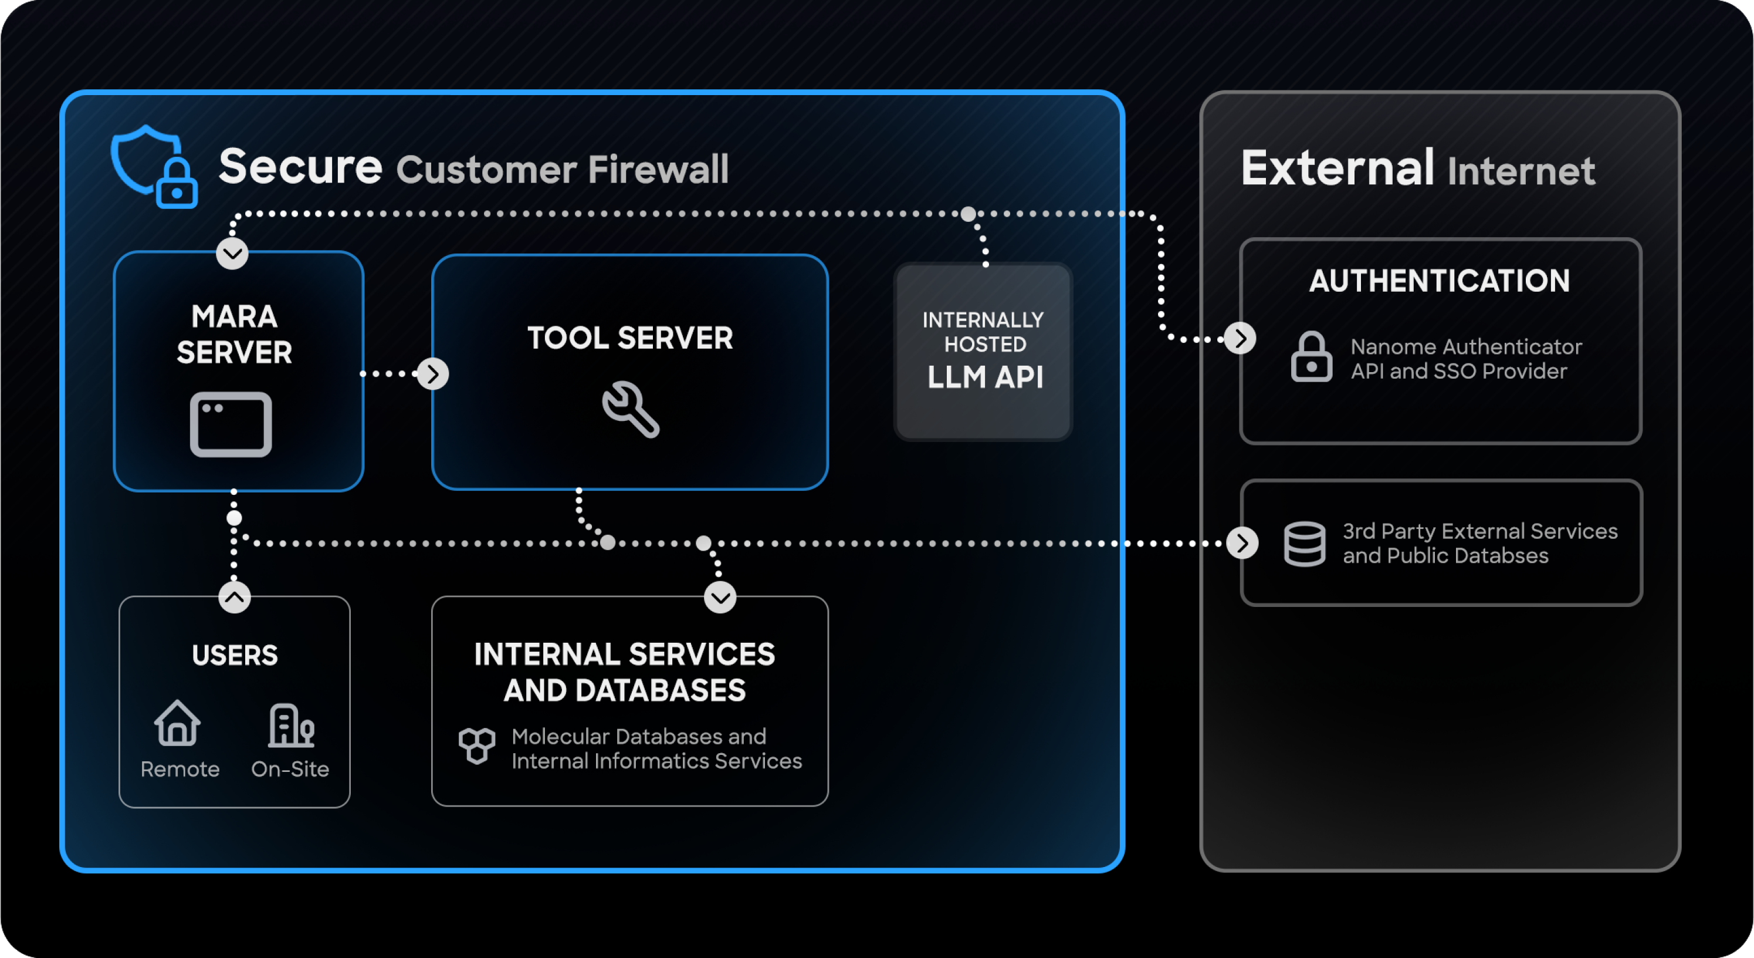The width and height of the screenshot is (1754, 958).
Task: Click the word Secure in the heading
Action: pyautogui.click(x=300, y=166)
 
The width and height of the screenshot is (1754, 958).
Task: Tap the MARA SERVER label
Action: pyautogui.click(x=234, y=334)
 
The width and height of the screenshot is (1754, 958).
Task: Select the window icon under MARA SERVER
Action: pyautogui.click(x=231, y=424)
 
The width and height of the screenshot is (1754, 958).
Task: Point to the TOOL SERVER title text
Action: pyautogui.click(x=630, y=338)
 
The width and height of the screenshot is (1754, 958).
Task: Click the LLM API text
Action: pyautogui.click(x=984, y=377)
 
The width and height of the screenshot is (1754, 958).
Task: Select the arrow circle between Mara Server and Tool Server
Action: pyautogui.click(x=432, y=373)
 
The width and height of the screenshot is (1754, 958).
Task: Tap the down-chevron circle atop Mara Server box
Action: pyautogui.click(x=232, y=254)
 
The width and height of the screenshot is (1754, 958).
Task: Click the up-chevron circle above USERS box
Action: pyautogui.click(x=234, y=598)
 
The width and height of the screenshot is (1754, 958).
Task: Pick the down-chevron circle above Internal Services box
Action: pyautogui.click(x=720, y=598)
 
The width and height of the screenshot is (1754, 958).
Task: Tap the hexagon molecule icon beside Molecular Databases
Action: pyautogui.click(x=476, y=746)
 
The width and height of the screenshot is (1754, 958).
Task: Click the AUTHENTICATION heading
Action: pyautogui.click(x=1439, y=281)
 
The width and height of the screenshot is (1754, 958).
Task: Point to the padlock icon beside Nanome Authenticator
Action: pyautogui.click(x=1312, y=357)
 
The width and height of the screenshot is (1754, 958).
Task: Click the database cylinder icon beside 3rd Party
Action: pyautogui.click(x=1304, y=544)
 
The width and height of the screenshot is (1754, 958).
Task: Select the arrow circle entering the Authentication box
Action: pyautogui.click(x=1240, y=338)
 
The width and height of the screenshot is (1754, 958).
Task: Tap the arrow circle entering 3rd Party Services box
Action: pyautogui.click(x=1242, y=543)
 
